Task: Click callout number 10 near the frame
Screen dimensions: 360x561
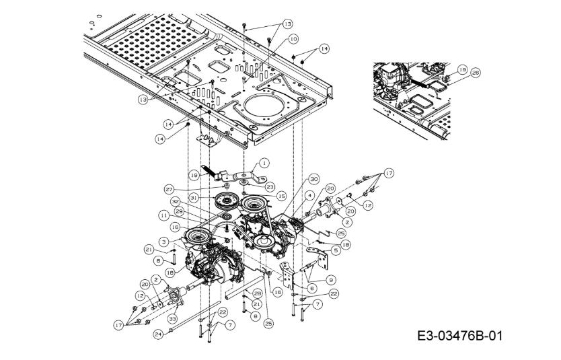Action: pos(293,40)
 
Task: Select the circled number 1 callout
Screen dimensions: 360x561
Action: pos(264,162)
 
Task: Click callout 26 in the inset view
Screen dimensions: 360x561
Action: pos(476,73)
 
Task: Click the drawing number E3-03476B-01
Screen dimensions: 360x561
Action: pos(459,334)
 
